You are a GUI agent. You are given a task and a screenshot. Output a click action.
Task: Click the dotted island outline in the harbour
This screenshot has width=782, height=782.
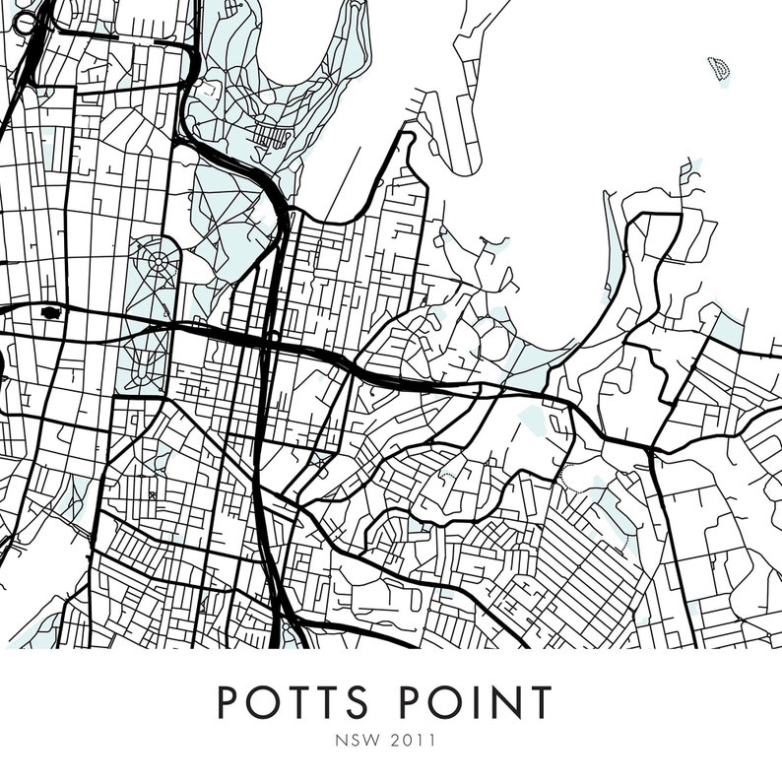click(x=720, y=69)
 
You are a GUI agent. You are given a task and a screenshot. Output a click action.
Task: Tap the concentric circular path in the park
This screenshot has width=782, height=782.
click(x=158, y=263)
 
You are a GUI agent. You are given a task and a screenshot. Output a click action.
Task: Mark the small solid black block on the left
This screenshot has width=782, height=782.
click(x=50, y=313)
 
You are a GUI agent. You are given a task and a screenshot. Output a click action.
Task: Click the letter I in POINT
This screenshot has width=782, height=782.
click(x=471, y=702)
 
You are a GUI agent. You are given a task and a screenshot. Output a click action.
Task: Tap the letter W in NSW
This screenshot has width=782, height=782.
click(x=379, y=737)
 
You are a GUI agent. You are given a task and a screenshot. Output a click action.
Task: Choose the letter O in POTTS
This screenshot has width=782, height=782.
click(x=259, y=702)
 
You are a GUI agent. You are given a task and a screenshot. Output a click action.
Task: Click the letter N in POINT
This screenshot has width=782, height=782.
click(x=502, y=702)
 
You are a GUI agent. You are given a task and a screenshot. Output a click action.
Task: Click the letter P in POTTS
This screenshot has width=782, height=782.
click(x=228, y=702)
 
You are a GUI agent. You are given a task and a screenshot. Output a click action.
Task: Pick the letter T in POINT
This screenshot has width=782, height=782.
click(x=539, y=702)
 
